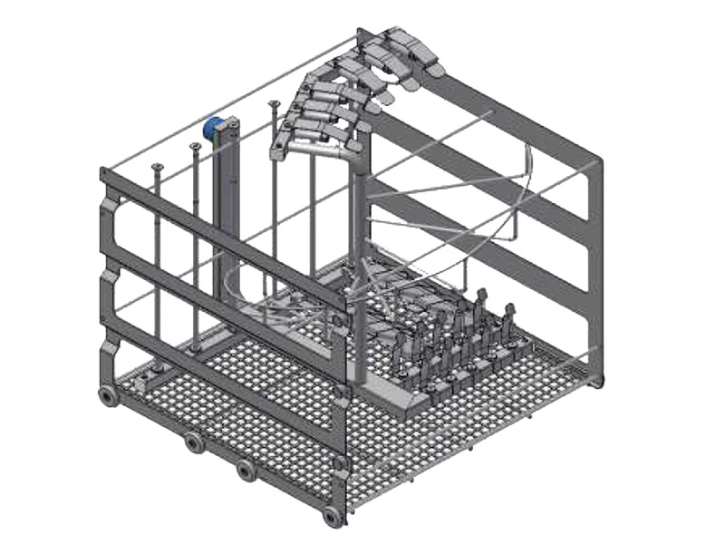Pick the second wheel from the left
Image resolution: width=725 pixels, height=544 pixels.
[x=193, y=442]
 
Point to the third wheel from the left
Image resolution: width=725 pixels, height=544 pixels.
[x=246, y=471]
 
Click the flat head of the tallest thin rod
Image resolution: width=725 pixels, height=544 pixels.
[x=272, y=105]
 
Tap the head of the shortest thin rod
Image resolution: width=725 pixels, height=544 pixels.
[x=157, y=167]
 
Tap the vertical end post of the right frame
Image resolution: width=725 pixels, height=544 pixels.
[x=594, y=272]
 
